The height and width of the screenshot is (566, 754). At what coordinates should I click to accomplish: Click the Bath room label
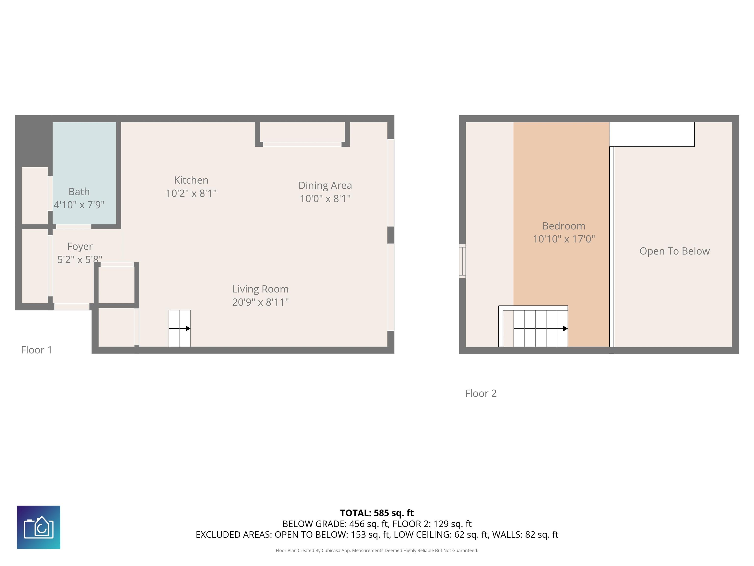pyautogui.click(x=79, y=192)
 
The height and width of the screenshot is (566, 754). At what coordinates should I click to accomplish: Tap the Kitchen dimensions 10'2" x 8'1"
pyautogui.click(x=191, y=193)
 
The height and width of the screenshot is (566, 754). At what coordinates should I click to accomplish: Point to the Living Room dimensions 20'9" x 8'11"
pyautogui.click(x=260, y=302)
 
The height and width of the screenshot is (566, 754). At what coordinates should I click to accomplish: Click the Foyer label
pyautogui.click(x=80, y=246)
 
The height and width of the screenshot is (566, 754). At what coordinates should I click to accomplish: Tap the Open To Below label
pyautogui.click(x=674, y=251)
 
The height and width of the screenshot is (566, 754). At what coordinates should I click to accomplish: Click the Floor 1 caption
pyautogui.click(x=37, y=350)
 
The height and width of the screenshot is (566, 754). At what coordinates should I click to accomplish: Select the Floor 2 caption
pyautogui.click(x=481, y=393)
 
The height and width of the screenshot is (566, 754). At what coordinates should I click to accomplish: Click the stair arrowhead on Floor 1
pyautogui.click(x=188, y=328)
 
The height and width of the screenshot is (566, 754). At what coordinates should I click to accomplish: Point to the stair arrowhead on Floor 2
pyautogui.click(x=565, y=328)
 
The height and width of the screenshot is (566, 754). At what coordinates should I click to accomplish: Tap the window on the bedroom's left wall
pyautogui.click(x=462, y=261)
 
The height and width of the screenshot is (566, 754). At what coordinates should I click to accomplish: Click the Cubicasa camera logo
pyautogui.click(x=39, y=527)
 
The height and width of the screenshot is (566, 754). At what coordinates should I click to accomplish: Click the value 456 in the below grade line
pyautogui.click(x=357, y=524)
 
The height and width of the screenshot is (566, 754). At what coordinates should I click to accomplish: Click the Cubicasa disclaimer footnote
pyautogui.click(x=377, y=550)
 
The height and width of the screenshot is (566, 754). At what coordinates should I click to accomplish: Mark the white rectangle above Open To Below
pyautogui.click(x=651, y=134)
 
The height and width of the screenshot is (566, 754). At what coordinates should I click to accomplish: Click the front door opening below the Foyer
pyautogui.click(x=72, y=307)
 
